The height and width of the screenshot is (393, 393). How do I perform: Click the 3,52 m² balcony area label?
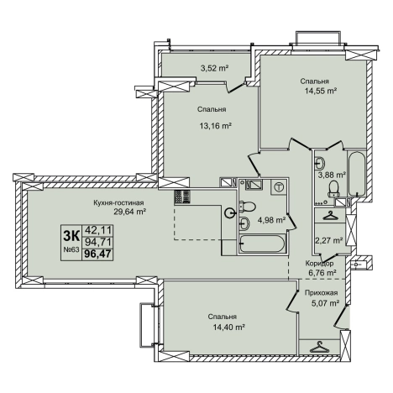click(215, 68)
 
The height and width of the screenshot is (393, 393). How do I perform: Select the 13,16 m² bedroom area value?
click(215, 126)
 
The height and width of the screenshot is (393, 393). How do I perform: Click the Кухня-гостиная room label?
click(118, 202)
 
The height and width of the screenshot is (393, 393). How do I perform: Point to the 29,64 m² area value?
click(129, 212)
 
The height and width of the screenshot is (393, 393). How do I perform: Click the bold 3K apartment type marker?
click(71, 235)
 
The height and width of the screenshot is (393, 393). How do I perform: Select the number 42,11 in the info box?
click(98, 230)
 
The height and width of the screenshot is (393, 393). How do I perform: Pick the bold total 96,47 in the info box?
click(97, 254)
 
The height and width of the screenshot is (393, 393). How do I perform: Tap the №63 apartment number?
click(71, 249)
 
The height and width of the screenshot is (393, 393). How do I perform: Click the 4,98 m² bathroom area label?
click(271, 220)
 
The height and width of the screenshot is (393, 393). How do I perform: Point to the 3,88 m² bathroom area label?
click(332, 176)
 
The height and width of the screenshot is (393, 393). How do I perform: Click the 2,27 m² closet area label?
click(329, 240)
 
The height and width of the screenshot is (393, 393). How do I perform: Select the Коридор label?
click(319, 264)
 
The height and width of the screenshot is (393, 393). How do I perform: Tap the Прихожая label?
click(321, 293)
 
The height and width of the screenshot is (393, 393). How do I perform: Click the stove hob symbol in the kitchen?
click(182, 197)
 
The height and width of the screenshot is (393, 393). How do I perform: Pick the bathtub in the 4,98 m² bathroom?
click(262, 244)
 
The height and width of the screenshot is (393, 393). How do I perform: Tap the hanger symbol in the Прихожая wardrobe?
click(318, 348)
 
